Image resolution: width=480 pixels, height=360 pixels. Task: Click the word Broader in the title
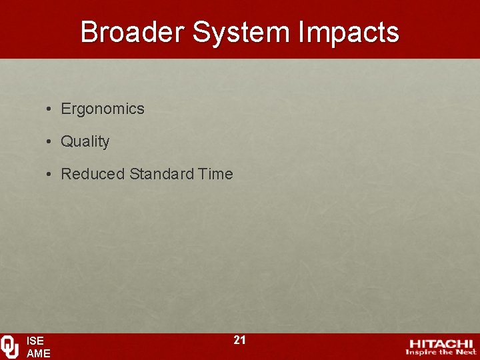click(131, 32)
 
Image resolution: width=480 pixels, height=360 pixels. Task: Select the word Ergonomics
click(103, 109)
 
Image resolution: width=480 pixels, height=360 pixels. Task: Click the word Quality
click(85, 141)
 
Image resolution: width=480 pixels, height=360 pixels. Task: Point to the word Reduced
click(93, 174)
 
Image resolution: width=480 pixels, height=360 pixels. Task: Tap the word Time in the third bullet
click(215, 174)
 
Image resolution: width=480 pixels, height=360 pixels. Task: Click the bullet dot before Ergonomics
click(50, 109)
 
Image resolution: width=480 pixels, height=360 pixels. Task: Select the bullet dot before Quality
click(50, 141)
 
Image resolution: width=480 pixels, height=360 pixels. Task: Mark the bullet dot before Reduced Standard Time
click(50, 174)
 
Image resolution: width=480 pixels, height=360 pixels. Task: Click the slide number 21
click(239, 340)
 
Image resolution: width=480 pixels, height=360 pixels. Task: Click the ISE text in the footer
click(35, 341)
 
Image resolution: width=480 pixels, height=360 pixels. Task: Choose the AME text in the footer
click(38, 354)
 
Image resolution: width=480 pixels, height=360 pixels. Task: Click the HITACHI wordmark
click(441, 343)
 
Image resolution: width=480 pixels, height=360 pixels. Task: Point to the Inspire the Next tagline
click(441, 352)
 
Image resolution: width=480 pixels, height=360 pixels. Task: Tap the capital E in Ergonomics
click(65, 109)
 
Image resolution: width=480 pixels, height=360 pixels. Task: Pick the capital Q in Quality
click(66, 141)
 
